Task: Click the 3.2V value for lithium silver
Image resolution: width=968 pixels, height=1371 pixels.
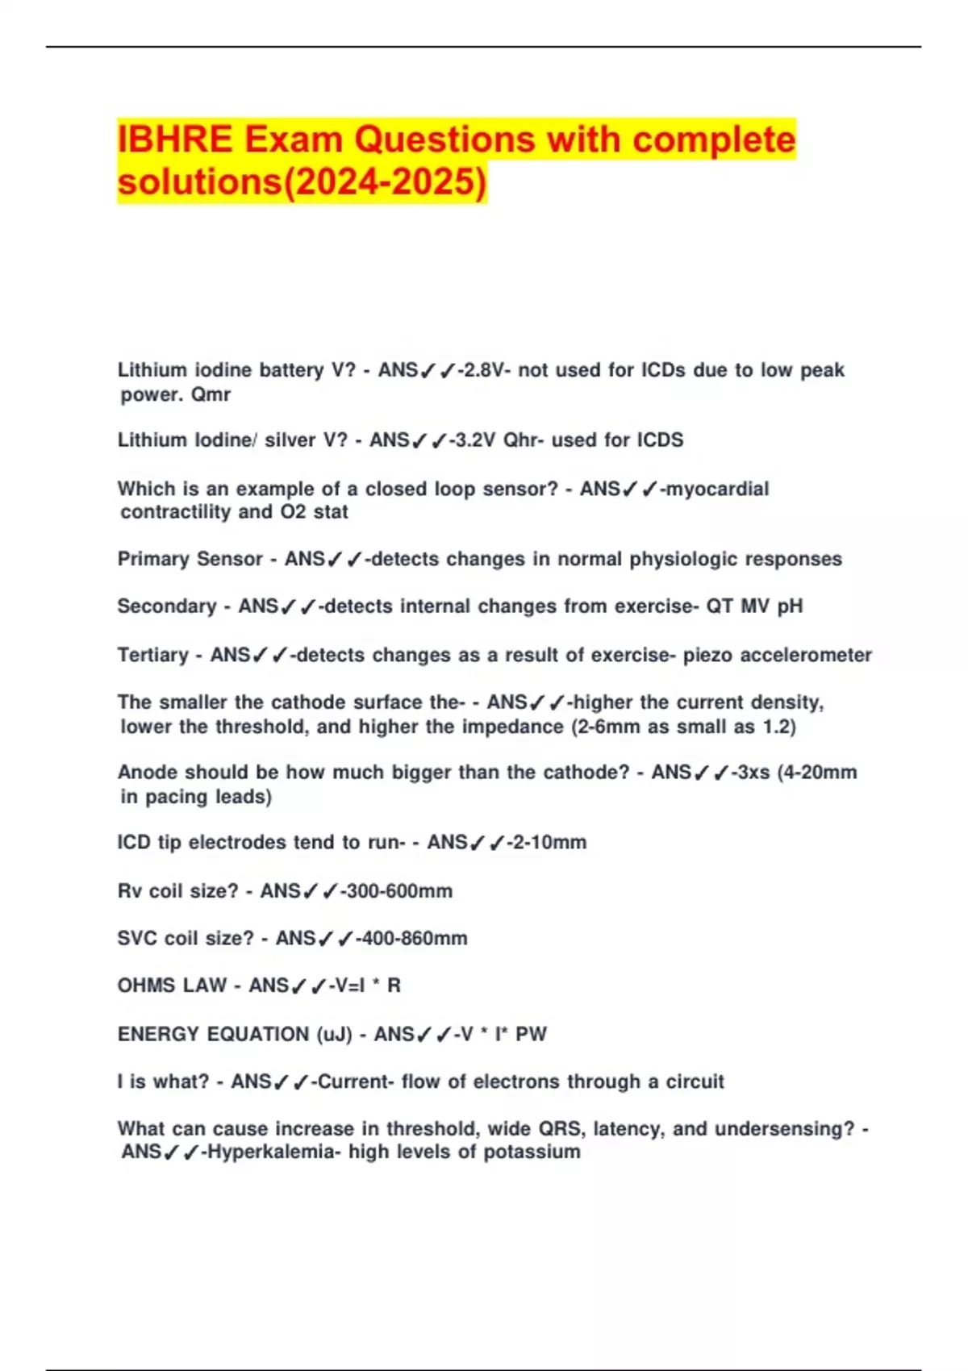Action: point(475,440)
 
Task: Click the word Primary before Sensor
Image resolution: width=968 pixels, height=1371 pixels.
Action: point(150,559)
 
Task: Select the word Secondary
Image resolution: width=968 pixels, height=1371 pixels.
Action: point(167,606)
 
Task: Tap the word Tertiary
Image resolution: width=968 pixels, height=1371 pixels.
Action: point(152,655)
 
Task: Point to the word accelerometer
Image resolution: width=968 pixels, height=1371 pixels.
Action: point(806,655)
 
